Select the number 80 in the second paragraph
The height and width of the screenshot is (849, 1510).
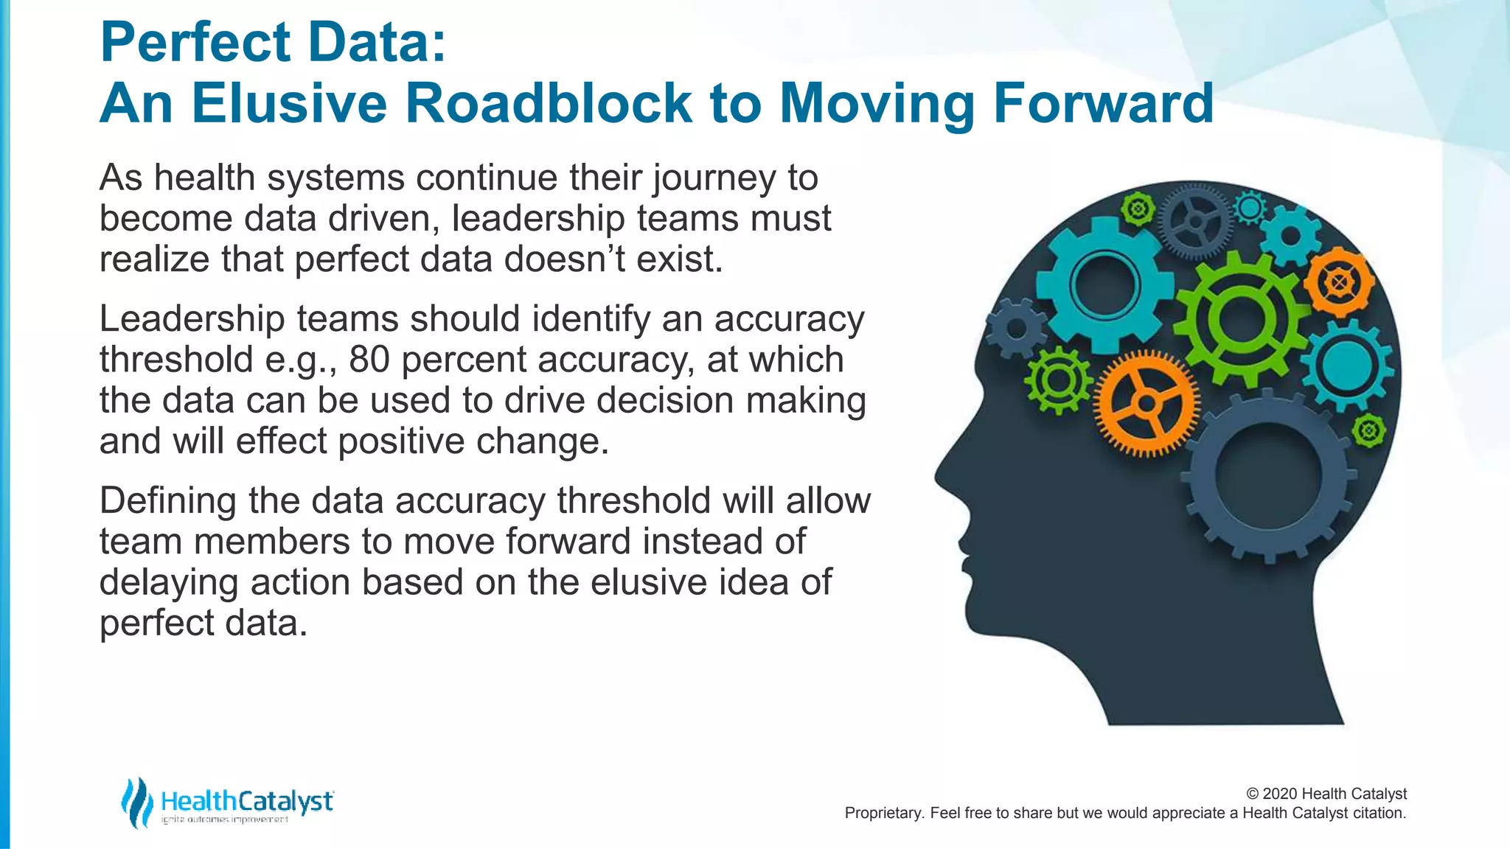point(369,360)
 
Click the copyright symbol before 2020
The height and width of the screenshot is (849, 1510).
point(1252,794)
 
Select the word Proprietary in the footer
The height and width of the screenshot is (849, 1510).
point(882,814)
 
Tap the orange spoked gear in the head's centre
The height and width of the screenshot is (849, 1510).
point(1146,403)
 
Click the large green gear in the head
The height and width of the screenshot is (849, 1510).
point(1242,319)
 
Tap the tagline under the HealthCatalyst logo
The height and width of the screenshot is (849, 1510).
point(225,820)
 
